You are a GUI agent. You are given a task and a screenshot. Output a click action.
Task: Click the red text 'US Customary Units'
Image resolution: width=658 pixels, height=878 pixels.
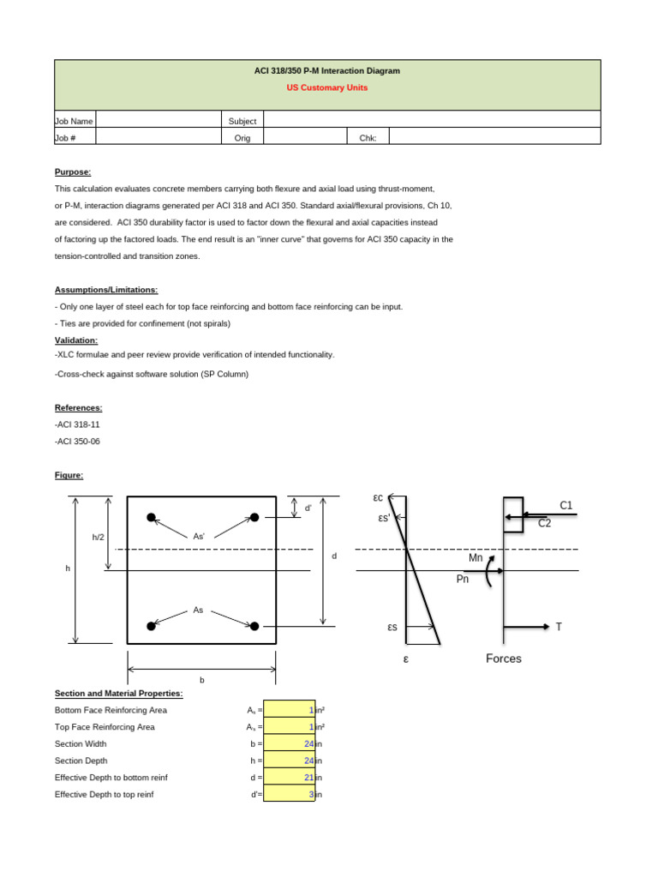pyautogui.click(x=327, y=87)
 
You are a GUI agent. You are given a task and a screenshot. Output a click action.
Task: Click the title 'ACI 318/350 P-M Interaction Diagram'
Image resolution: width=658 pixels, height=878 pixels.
pyautogui.click(x=327, y=70)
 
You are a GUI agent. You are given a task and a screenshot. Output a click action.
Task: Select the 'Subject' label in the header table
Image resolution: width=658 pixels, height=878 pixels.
pyautogui.click(x=242, y=121)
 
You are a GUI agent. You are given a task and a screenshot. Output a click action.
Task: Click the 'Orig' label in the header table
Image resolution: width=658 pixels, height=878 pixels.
pyautogui.click(x=242, y=137)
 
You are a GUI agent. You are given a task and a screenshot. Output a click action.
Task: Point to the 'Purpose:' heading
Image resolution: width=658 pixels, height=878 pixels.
pyautogui.click(x=73, y=171)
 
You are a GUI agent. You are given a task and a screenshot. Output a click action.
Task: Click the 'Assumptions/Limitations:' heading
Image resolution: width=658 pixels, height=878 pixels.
pyautogui.click(x=106, y=290)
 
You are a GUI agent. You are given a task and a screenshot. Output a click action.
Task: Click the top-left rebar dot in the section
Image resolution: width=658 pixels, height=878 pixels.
pyautogui.click(x=151, y=517)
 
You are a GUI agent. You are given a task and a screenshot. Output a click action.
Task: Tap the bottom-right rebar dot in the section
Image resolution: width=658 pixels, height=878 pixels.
pyautogui.click(x=254, y=626)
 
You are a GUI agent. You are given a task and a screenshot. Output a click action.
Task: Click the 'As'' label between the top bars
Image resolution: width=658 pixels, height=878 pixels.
pyautogui.click(x=199, y=537)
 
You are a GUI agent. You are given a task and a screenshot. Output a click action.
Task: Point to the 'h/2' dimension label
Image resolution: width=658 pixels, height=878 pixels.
pyautogui.click(x=98, y=537)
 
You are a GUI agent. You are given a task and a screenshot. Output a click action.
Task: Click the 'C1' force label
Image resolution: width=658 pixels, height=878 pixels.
pyautogui.click(x=565, y=505)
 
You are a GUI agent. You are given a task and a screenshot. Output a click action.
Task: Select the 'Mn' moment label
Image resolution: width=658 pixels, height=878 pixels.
pyautogui.click(x=476, y=557)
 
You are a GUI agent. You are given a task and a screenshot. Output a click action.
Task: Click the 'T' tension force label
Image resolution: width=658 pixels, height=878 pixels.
pyautogui.click(x=559, y=627)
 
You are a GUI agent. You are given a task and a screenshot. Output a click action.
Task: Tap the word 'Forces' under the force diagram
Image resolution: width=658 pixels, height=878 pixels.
pyautogui.click(x=504, y=658)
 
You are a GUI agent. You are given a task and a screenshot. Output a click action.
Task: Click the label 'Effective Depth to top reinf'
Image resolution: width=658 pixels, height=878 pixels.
pyautogui.click(x=104, y=795)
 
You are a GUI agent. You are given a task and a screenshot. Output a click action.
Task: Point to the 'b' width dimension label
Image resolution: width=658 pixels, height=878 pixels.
pyautogui.click(x=202, y=679)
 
